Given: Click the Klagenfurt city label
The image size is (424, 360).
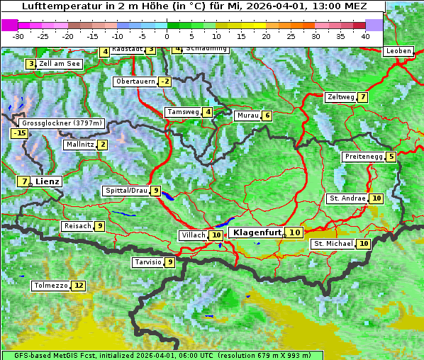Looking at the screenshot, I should (257, 232).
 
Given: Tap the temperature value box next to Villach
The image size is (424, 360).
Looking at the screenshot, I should (216, 235).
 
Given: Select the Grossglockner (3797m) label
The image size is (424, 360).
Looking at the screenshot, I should (62, 123).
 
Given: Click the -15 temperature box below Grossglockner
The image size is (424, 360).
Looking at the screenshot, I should (19, 133).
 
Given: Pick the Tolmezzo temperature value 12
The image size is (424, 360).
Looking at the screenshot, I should (78, 286).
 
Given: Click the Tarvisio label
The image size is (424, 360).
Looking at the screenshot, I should (147, 262).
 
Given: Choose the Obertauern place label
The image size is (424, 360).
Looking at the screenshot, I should (135, 81).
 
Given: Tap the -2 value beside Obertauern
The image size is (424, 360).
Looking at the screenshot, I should (164, 81).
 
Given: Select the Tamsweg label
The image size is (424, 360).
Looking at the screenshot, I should (182, 112).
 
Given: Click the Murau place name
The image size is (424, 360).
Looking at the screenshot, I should (246, 116).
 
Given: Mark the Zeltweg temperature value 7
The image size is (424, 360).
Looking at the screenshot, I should (362, 97).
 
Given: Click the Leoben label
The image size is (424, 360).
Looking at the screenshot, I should (397, 51).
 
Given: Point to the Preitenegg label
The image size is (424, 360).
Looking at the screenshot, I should (363, 157).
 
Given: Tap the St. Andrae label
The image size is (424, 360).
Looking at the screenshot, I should (347, 198).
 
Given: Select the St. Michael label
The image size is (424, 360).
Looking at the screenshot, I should (333, 244).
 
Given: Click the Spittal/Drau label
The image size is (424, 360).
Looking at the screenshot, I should (125, 191).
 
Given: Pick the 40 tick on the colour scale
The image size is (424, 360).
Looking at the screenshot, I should (364, 35).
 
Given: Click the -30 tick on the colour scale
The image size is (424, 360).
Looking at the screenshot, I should (18, 35).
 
